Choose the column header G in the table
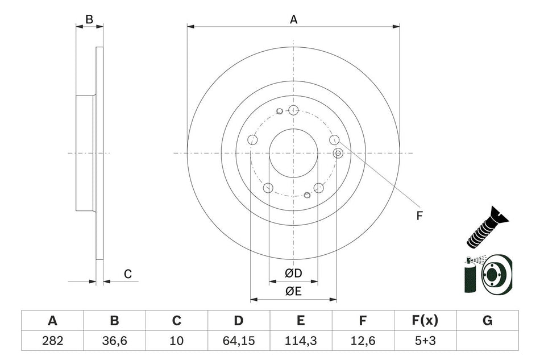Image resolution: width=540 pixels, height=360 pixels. [x=487, y=321]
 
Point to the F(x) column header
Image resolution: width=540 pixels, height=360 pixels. [x=425, y=321]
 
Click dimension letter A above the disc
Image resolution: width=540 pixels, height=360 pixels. [x=293, y=19]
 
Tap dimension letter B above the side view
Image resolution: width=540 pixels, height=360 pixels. [x=89, y=19]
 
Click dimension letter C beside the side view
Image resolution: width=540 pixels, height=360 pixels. [x=128, y=274]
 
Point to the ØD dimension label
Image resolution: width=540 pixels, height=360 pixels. [x=293, y=274]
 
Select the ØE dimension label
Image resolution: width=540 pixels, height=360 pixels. [x=293, y=292]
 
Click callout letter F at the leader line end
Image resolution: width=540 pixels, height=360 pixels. [x=419, y=215]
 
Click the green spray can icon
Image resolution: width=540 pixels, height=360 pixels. [x=471, y=275]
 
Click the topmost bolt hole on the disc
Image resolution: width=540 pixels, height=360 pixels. [x=293, y=110]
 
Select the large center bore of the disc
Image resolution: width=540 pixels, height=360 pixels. [x=293, y=153]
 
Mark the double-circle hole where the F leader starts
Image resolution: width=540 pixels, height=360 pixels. [x=338, y=152]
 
